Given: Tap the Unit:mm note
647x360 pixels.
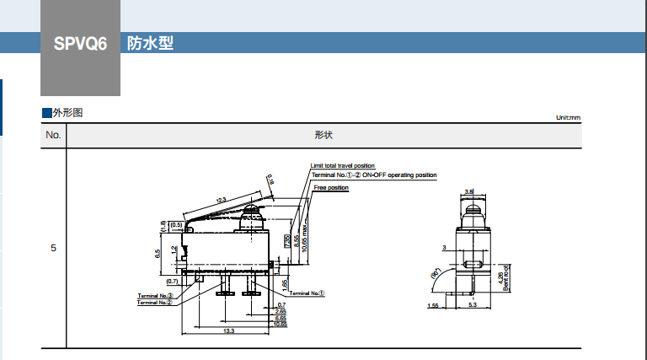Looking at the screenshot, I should tap(568, 118).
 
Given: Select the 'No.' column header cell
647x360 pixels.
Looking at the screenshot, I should tap(53, 135).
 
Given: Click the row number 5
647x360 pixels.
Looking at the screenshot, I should tap(53, 249).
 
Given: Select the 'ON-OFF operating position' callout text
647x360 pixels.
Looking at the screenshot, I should tap(400, 175).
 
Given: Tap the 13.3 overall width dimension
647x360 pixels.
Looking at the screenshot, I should tap(229, 331).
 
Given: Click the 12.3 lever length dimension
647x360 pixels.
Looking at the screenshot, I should tap(222, 200).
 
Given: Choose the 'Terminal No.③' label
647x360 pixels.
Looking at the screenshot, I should tap(156, 296).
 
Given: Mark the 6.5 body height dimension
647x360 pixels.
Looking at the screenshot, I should tap(158, 252).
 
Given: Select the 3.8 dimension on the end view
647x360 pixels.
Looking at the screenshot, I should tap(469, 191).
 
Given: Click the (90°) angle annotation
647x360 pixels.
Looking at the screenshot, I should tap(436, 275).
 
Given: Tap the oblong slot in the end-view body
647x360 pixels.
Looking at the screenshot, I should tap(471, 266).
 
